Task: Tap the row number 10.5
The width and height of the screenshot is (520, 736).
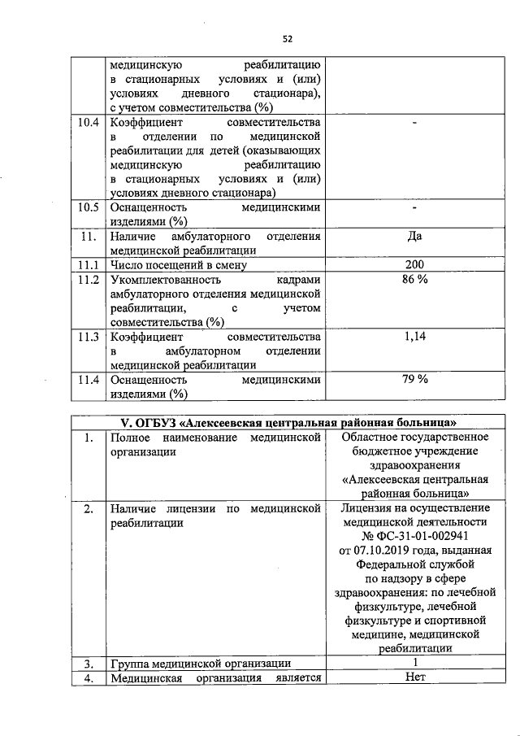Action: (x=86, y=207)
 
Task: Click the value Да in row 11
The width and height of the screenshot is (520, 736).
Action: (x=414, y=237)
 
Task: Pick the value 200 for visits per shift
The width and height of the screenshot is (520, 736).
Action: (x=414, y=265)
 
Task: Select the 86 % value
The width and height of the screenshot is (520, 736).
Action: (x=414, y=280)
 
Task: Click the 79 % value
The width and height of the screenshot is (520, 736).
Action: (x=414, y=380)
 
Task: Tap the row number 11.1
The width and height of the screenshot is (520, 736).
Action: (x=86, y=265)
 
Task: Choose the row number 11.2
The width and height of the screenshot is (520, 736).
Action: (x=86, y=280)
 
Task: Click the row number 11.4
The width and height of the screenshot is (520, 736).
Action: (x=86, y=380)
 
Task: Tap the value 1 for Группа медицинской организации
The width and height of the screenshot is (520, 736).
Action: (x=414, y=663)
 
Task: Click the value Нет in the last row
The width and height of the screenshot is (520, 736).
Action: (x=414, y=677)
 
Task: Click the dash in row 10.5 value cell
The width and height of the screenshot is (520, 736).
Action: (x=414, y=207)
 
